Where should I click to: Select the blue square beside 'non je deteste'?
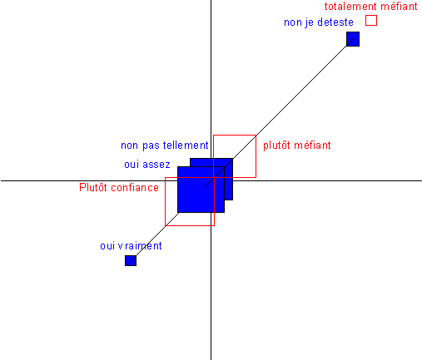(x=353, y=39)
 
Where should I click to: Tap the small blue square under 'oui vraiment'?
(x=131, y=260)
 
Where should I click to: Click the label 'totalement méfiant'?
(x=371, y=6)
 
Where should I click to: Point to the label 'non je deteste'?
(x=319, y=22)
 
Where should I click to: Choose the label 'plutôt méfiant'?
(x=297, y=145)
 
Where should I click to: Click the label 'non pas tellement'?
(x=165, y=145)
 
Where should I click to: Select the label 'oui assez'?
(x=147, y=165)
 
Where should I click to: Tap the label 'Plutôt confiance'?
(x=119, y=187)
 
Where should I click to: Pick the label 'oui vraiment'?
(x=131, y=245)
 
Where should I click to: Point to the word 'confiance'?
(x=135, y=187)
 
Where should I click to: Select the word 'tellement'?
(x=186, y=145)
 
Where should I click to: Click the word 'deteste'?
(x=335, y=22)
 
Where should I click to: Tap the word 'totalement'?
(x=350, y=6)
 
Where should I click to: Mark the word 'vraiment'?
(x=140, y=245)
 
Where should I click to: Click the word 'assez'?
(x=156, y=165)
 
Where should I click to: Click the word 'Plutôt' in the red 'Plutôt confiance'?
(x=93, y=187)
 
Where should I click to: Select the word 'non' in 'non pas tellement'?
(x=129, y=145)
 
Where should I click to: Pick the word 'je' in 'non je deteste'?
(x=310, y=22)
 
